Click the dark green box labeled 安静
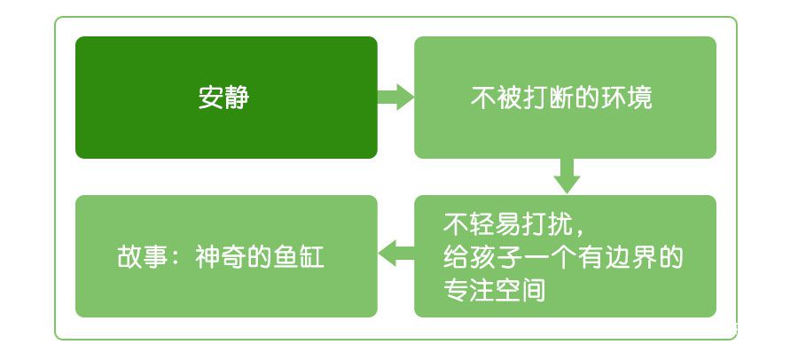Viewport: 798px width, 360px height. (226, 98)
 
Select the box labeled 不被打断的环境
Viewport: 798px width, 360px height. (565, 98)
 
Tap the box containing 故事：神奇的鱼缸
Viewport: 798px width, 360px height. (226, 256)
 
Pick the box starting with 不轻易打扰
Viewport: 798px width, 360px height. (565, 256)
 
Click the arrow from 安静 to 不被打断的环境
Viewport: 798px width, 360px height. (396, 98)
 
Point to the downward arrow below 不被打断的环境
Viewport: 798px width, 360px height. (567, 176)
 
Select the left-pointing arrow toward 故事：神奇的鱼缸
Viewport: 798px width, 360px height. (396, 253)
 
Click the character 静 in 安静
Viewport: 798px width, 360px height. (237, 98)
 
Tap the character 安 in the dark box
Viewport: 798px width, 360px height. (211, 98)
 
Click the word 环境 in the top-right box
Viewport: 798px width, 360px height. (627, 98)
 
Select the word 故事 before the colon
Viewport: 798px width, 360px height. (143, 257)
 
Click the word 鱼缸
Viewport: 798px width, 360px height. (299, 257)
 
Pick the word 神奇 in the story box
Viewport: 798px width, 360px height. (221, 257)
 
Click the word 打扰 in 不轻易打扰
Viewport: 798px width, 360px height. (547, 224)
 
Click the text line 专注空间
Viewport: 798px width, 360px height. (495, 291)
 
